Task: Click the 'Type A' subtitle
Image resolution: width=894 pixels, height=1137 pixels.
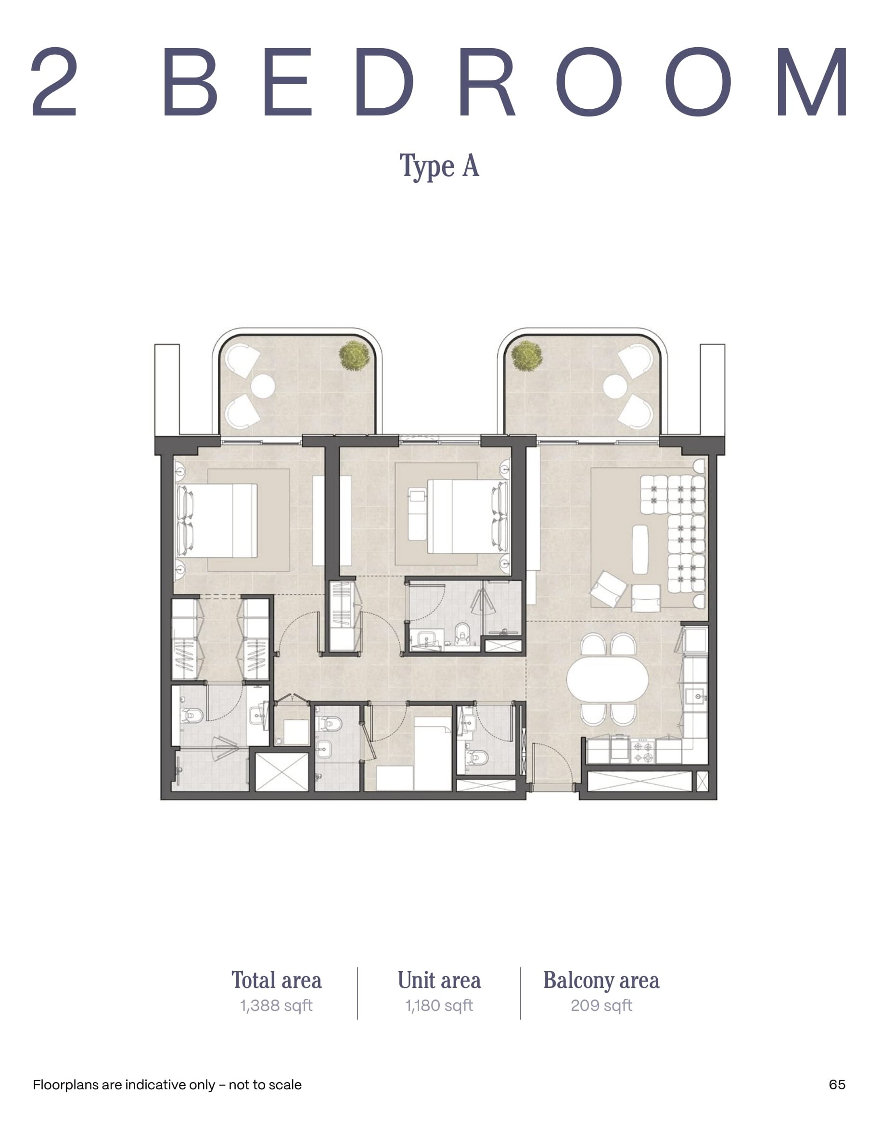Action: (439, 167)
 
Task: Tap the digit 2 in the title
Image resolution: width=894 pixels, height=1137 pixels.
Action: (54, 82)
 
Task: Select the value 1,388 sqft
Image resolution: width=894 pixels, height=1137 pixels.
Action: (276, 1006)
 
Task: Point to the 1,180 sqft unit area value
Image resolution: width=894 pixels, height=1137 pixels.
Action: (439, 1006)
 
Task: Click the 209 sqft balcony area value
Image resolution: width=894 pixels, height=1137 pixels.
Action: (601, 1006)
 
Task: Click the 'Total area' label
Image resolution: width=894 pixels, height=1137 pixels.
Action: (276, 980)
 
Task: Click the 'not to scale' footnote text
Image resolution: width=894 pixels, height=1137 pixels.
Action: (266, 1085)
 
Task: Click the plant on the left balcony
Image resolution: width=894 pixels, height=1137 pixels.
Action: (354, 356)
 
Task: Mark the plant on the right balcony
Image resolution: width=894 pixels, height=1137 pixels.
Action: (526, 356)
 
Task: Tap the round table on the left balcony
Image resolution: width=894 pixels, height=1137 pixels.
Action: (263, 387)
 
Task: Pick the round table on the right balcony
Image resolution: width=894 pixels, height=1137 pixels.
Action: (615, 387)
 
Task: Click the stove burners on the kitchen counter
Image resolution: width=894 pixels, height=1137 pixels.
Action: (642, 751)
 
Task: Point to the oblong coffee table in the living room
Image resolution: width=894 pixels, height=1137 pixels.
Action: (640, 549)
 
